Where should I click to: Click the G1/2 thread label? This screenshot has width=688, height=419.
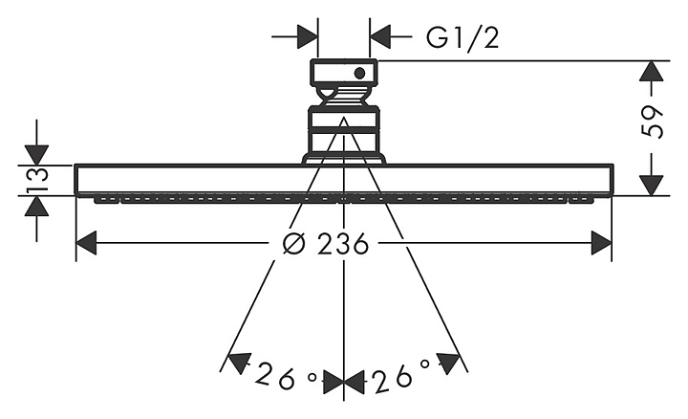point(462,37)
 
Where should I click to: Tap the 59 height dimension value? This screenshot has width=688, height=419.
point(652,122)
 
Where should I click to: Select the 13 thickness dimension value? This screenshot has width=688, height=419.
point(37,180)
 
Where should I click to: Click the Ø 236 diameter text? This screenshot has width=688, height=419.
point(325,244)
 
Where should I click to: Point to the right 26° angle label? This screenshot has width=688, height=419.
point(401,377)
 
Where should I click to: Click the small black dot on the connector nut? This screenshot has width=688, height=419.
point(360,74)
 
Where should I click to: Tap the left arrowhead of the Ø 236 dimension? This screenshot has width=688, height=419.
point(86,243)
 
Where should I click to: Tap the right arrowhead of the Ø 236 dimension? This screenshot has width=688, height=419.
point(601,243)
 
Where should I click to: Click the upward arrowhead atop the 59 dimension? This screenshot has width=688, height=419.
point(651,71)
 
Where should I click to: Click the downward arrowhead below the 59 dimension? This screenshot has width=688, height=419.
point(651,185)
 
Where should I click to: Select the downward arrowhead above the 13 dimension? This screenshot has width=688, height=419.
point(37,155)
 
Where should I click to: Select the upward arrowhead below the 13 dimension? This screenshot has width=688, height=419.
point(37,206)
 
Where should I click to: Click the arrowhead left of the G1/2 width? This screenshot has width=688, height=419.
point(308,36)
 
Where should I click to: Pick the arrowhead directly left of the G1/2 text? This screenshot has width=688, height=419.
point(380,36)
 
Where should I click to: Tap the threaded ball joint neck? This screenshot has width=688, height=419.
point(344,97)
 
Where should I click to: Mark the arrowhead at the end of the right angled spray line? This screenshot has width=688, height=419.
point(447,363)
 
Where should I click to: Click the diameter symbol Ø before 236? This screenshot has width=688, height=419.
point(293,244)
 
